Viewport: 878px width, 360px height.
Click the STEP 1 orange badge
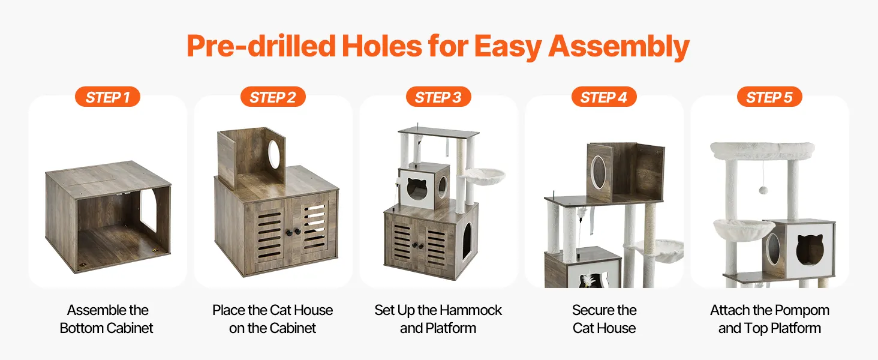[107, 97]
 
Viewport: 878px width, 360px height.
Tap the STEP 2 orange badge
[273, 97]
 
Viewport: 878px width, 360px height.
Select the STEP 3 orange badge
[438, 97]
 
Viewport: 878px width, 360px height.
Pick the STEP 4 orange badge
[603, 97]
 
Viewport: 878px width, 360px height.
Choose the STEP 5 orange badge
[769, 97]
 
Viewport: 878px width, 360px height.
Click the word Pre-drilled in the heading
[261, 46]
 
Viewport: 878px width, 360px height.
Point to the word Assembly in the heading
[619, 47]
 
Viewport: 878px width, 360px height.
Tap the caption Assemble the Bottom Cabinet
[107, 319]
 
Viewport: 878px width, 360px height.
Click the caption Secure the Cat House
[604, 319]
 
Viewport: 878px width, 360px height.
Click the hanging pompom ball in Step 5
[763, 190]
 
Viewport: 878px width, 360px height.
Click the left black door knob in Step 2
[288, 232]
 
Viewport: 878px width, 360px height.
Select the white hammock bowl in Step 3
[482, 176]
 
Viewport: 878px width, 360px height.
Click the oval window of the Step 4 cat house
[598, 172]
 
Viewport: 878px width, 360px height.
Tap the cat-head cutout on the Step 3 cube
[417, 189]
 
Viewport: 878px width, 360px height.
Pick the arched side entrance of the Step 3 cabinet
[467, 242]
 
